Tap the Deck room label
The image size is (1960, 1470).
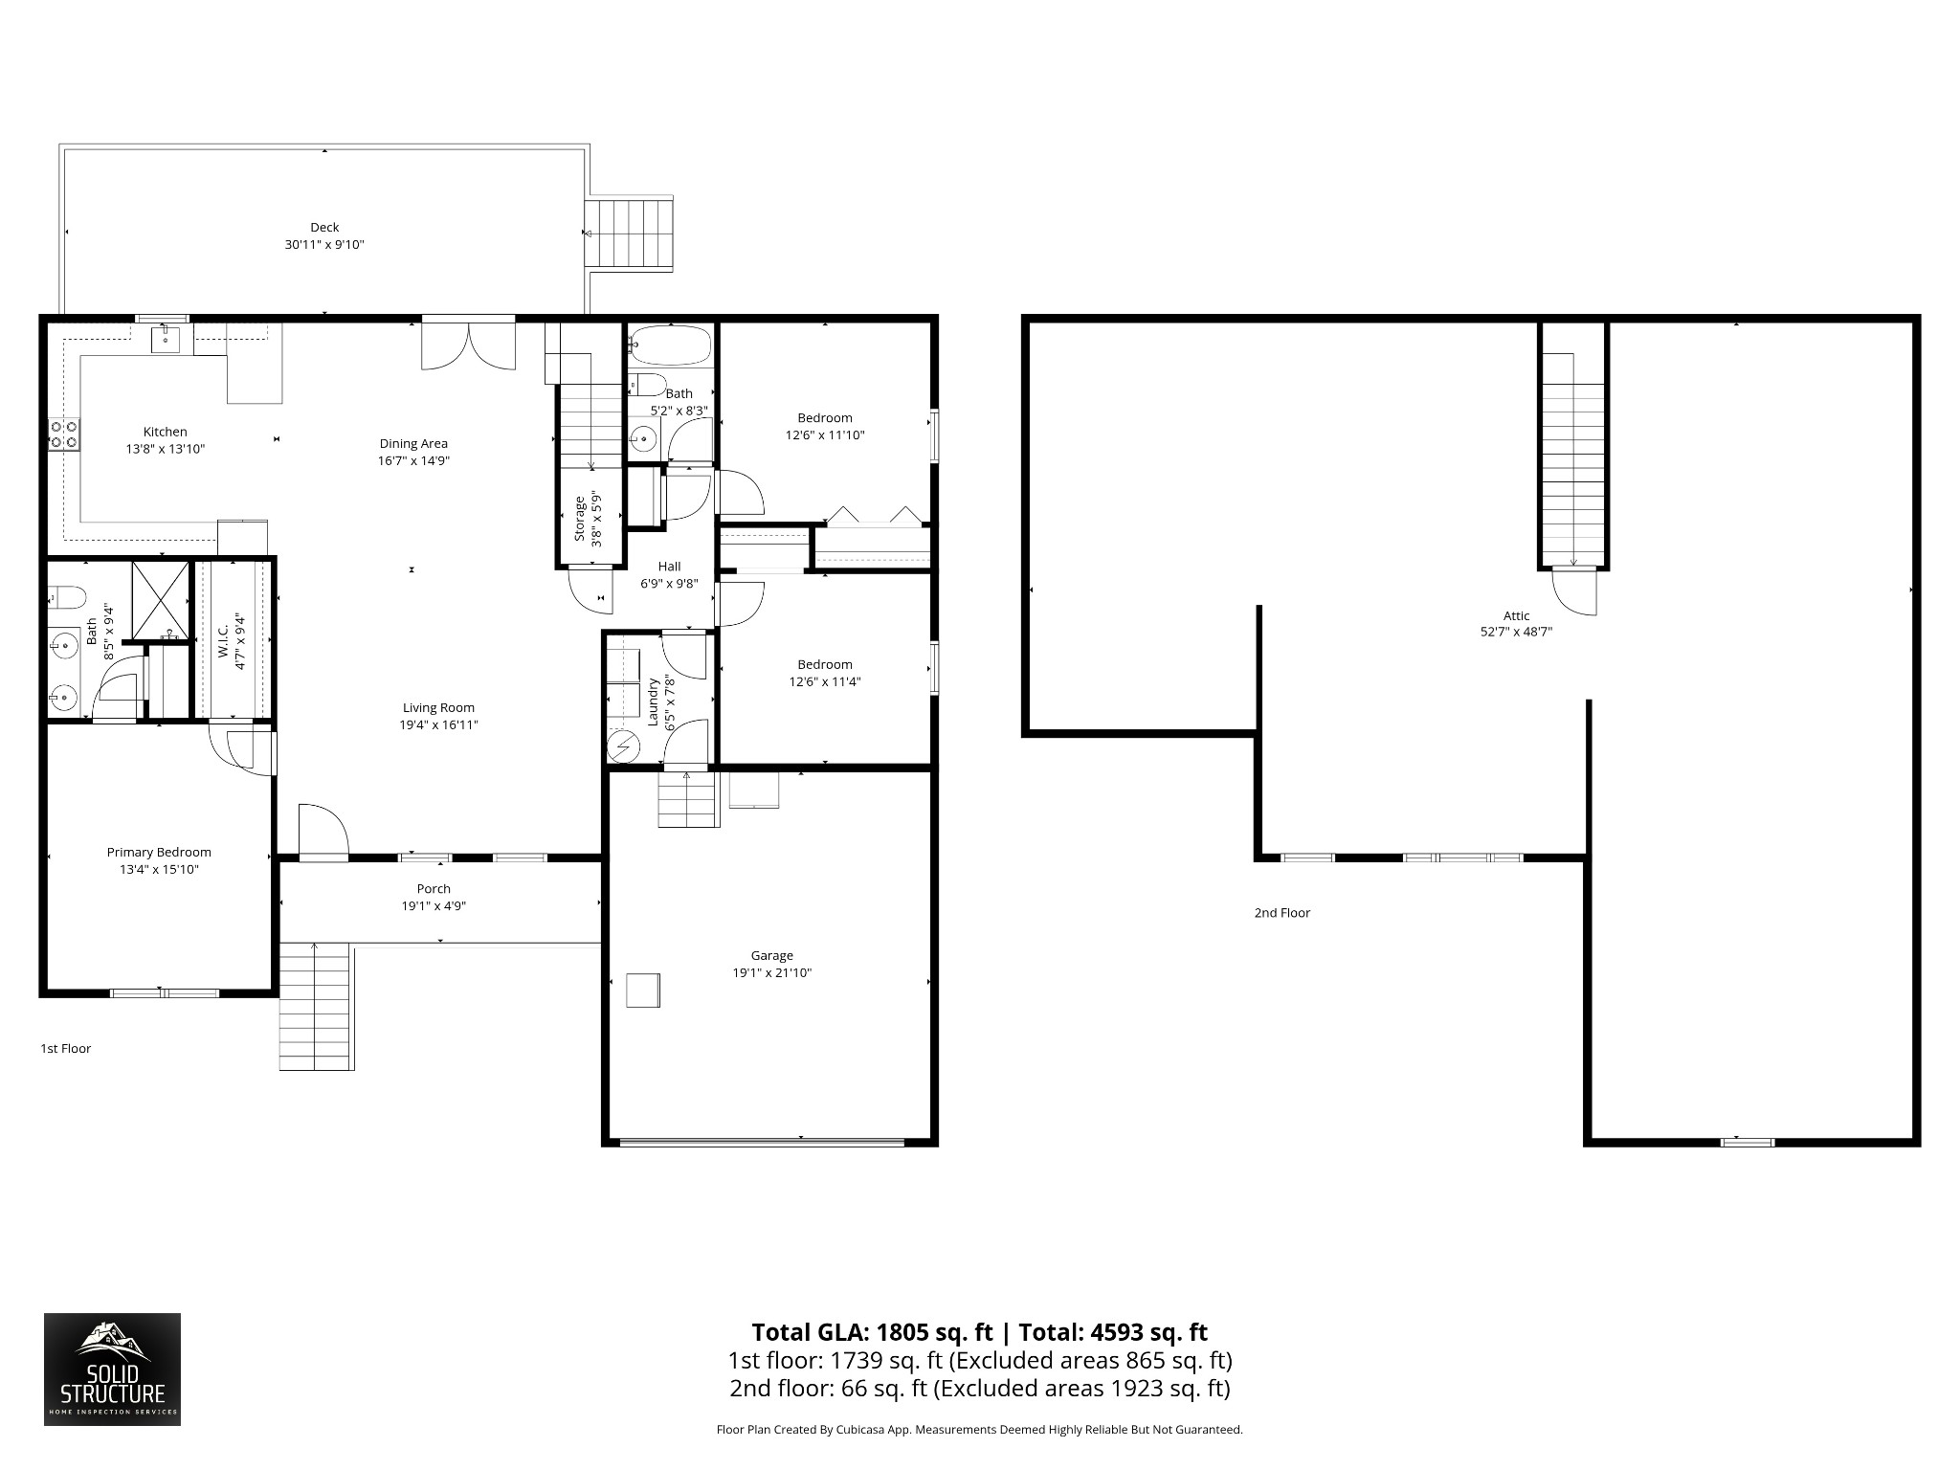click(324, 227)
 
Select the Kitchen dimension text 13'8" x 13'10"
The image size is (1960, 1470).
click(166, 449)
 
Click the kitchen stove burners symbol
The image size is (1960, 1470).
click(64, 434)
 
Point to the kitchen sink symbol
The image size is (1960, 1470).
click(166, 337)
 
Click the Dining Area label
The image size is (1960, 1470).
click(413, 443)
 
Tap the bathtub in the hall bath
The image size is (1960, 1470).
click(672, 346)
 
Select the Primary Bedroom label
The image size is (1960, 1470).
click(159, 853)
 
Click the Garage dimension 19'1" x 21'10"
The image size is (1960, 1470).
click(772, 973)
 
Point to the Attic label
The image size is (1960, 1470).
click(1517, 616)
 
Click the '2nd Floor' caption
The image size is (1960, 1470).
click(1282, 913)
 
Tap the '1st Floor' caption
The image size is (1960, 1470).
click(66, 1049)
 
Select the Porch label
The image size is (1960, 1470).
click(434, 889)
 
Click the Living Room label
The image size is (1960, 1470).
click(438, 708)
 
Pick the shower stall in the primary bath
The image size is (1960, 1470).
click(160, 600)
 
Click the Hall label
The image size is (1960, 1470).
click(669, 567)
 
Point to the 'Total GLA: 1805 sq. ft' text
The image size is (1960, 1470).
click(872, 1332)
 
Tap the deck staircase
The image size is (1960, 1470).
click(631, 234)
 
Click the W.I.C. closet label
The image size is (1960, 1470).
click(222, 642)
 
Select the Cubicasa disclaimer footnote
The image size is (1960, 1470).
click(980, 1457)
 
